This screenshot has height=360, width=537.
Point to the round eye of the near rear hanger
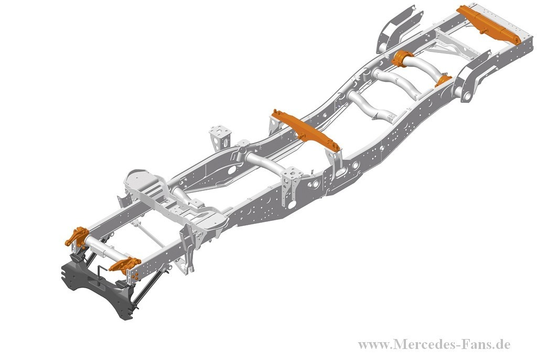(466, 96)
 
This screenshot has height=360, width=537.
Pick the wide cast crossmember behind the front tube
(175, 199)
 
